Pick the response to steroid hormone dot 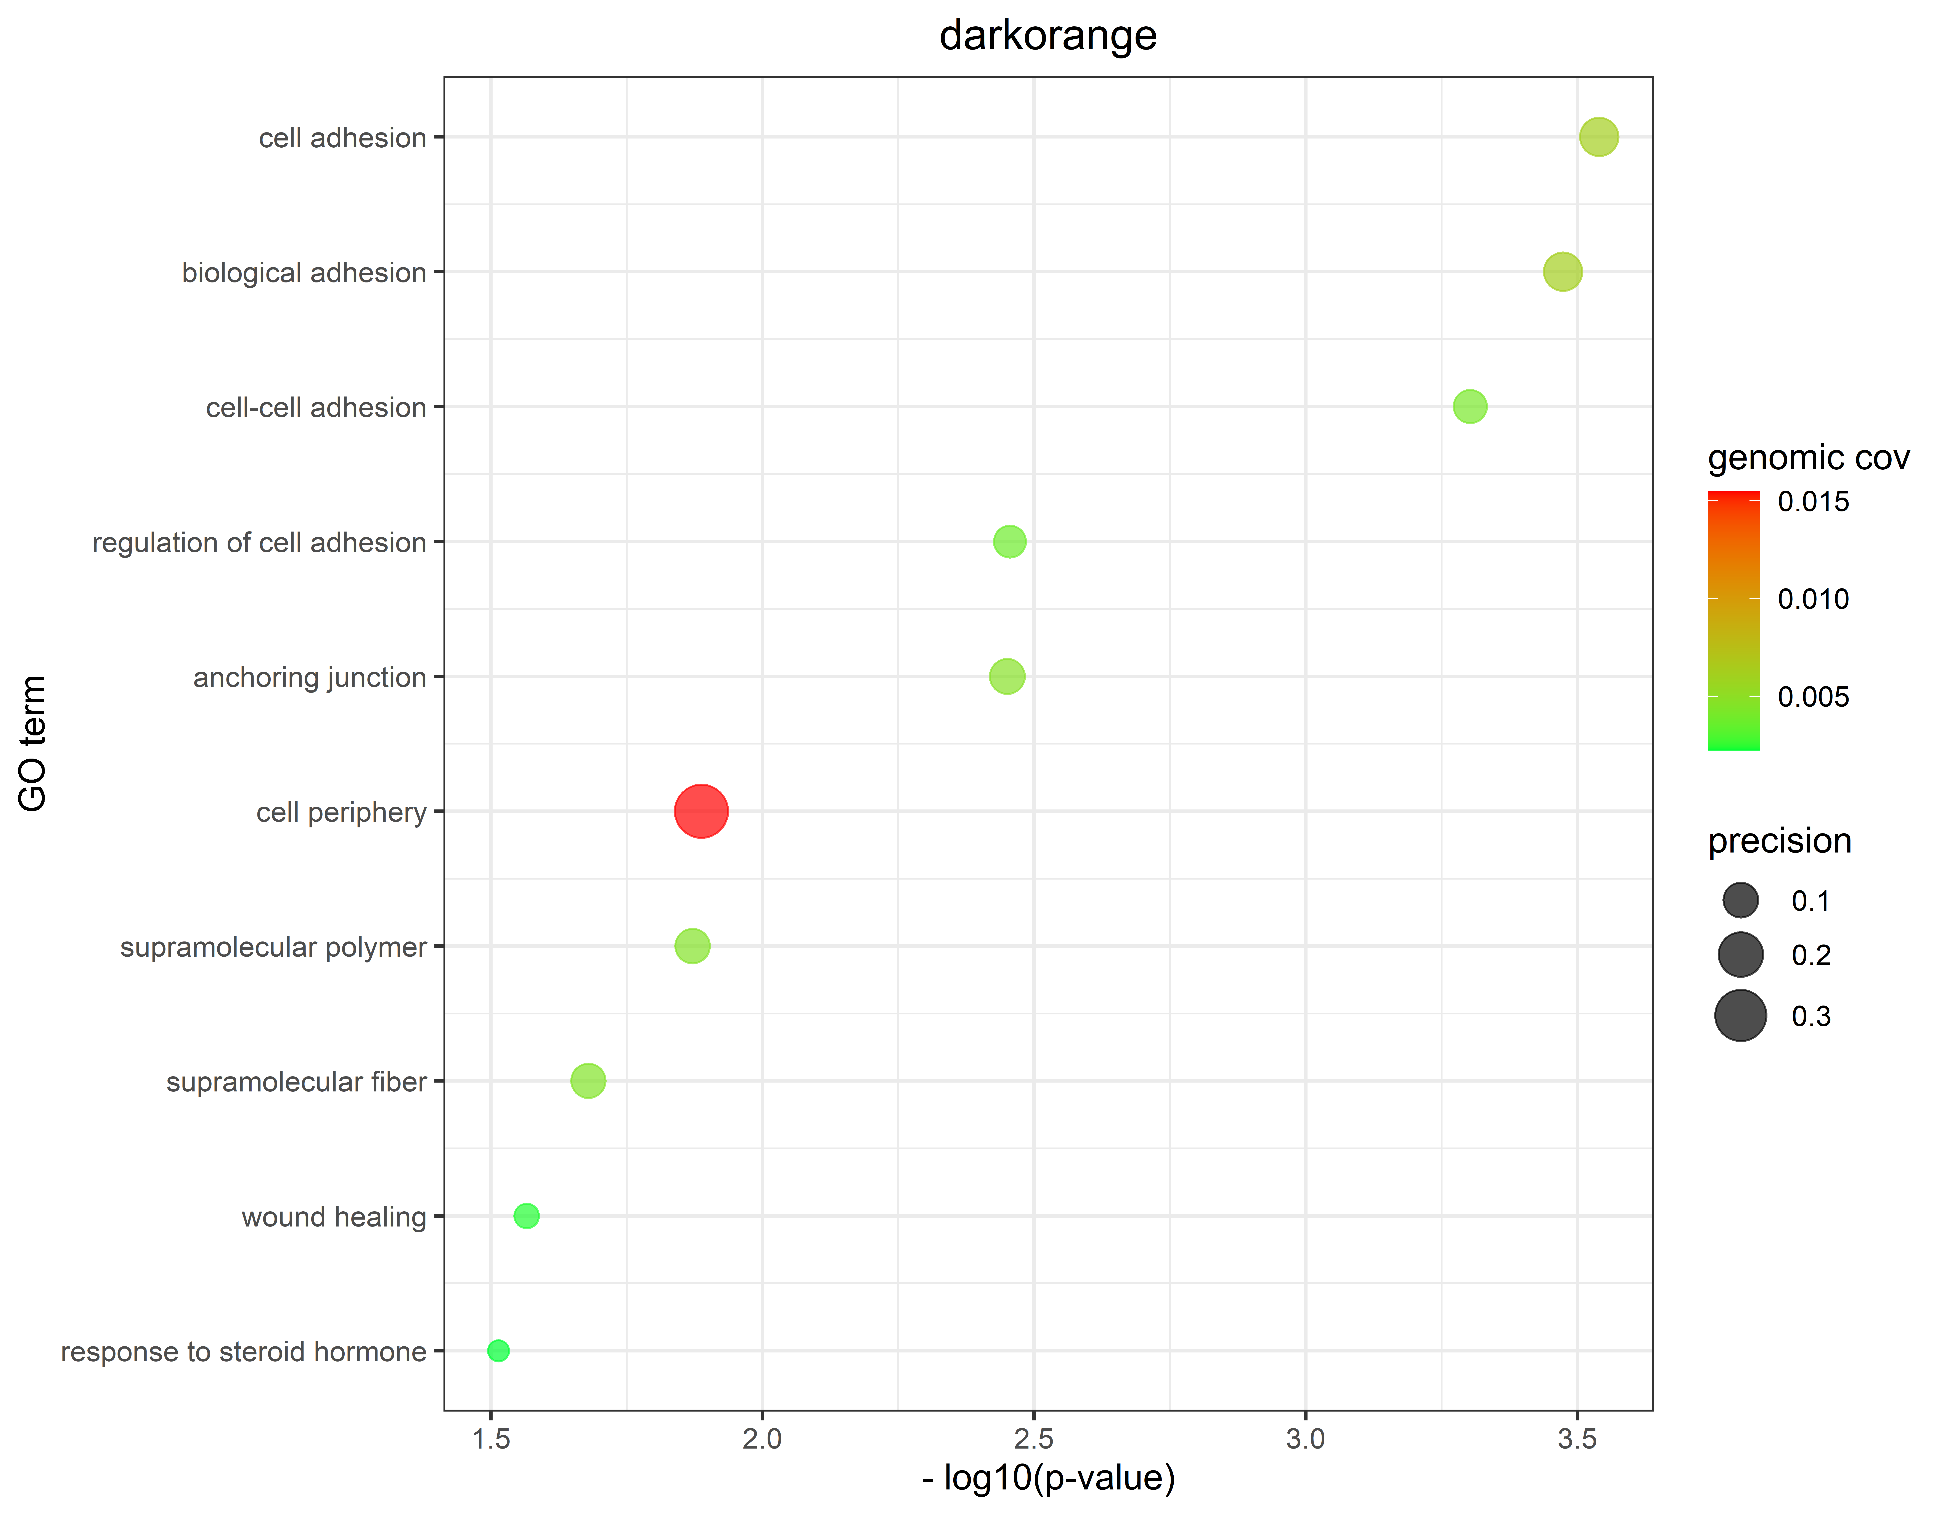click(x=498, y=1351)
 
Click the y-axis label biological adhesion click(x=304, y=273)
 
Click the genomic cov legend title click(x=1808, y=458)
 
